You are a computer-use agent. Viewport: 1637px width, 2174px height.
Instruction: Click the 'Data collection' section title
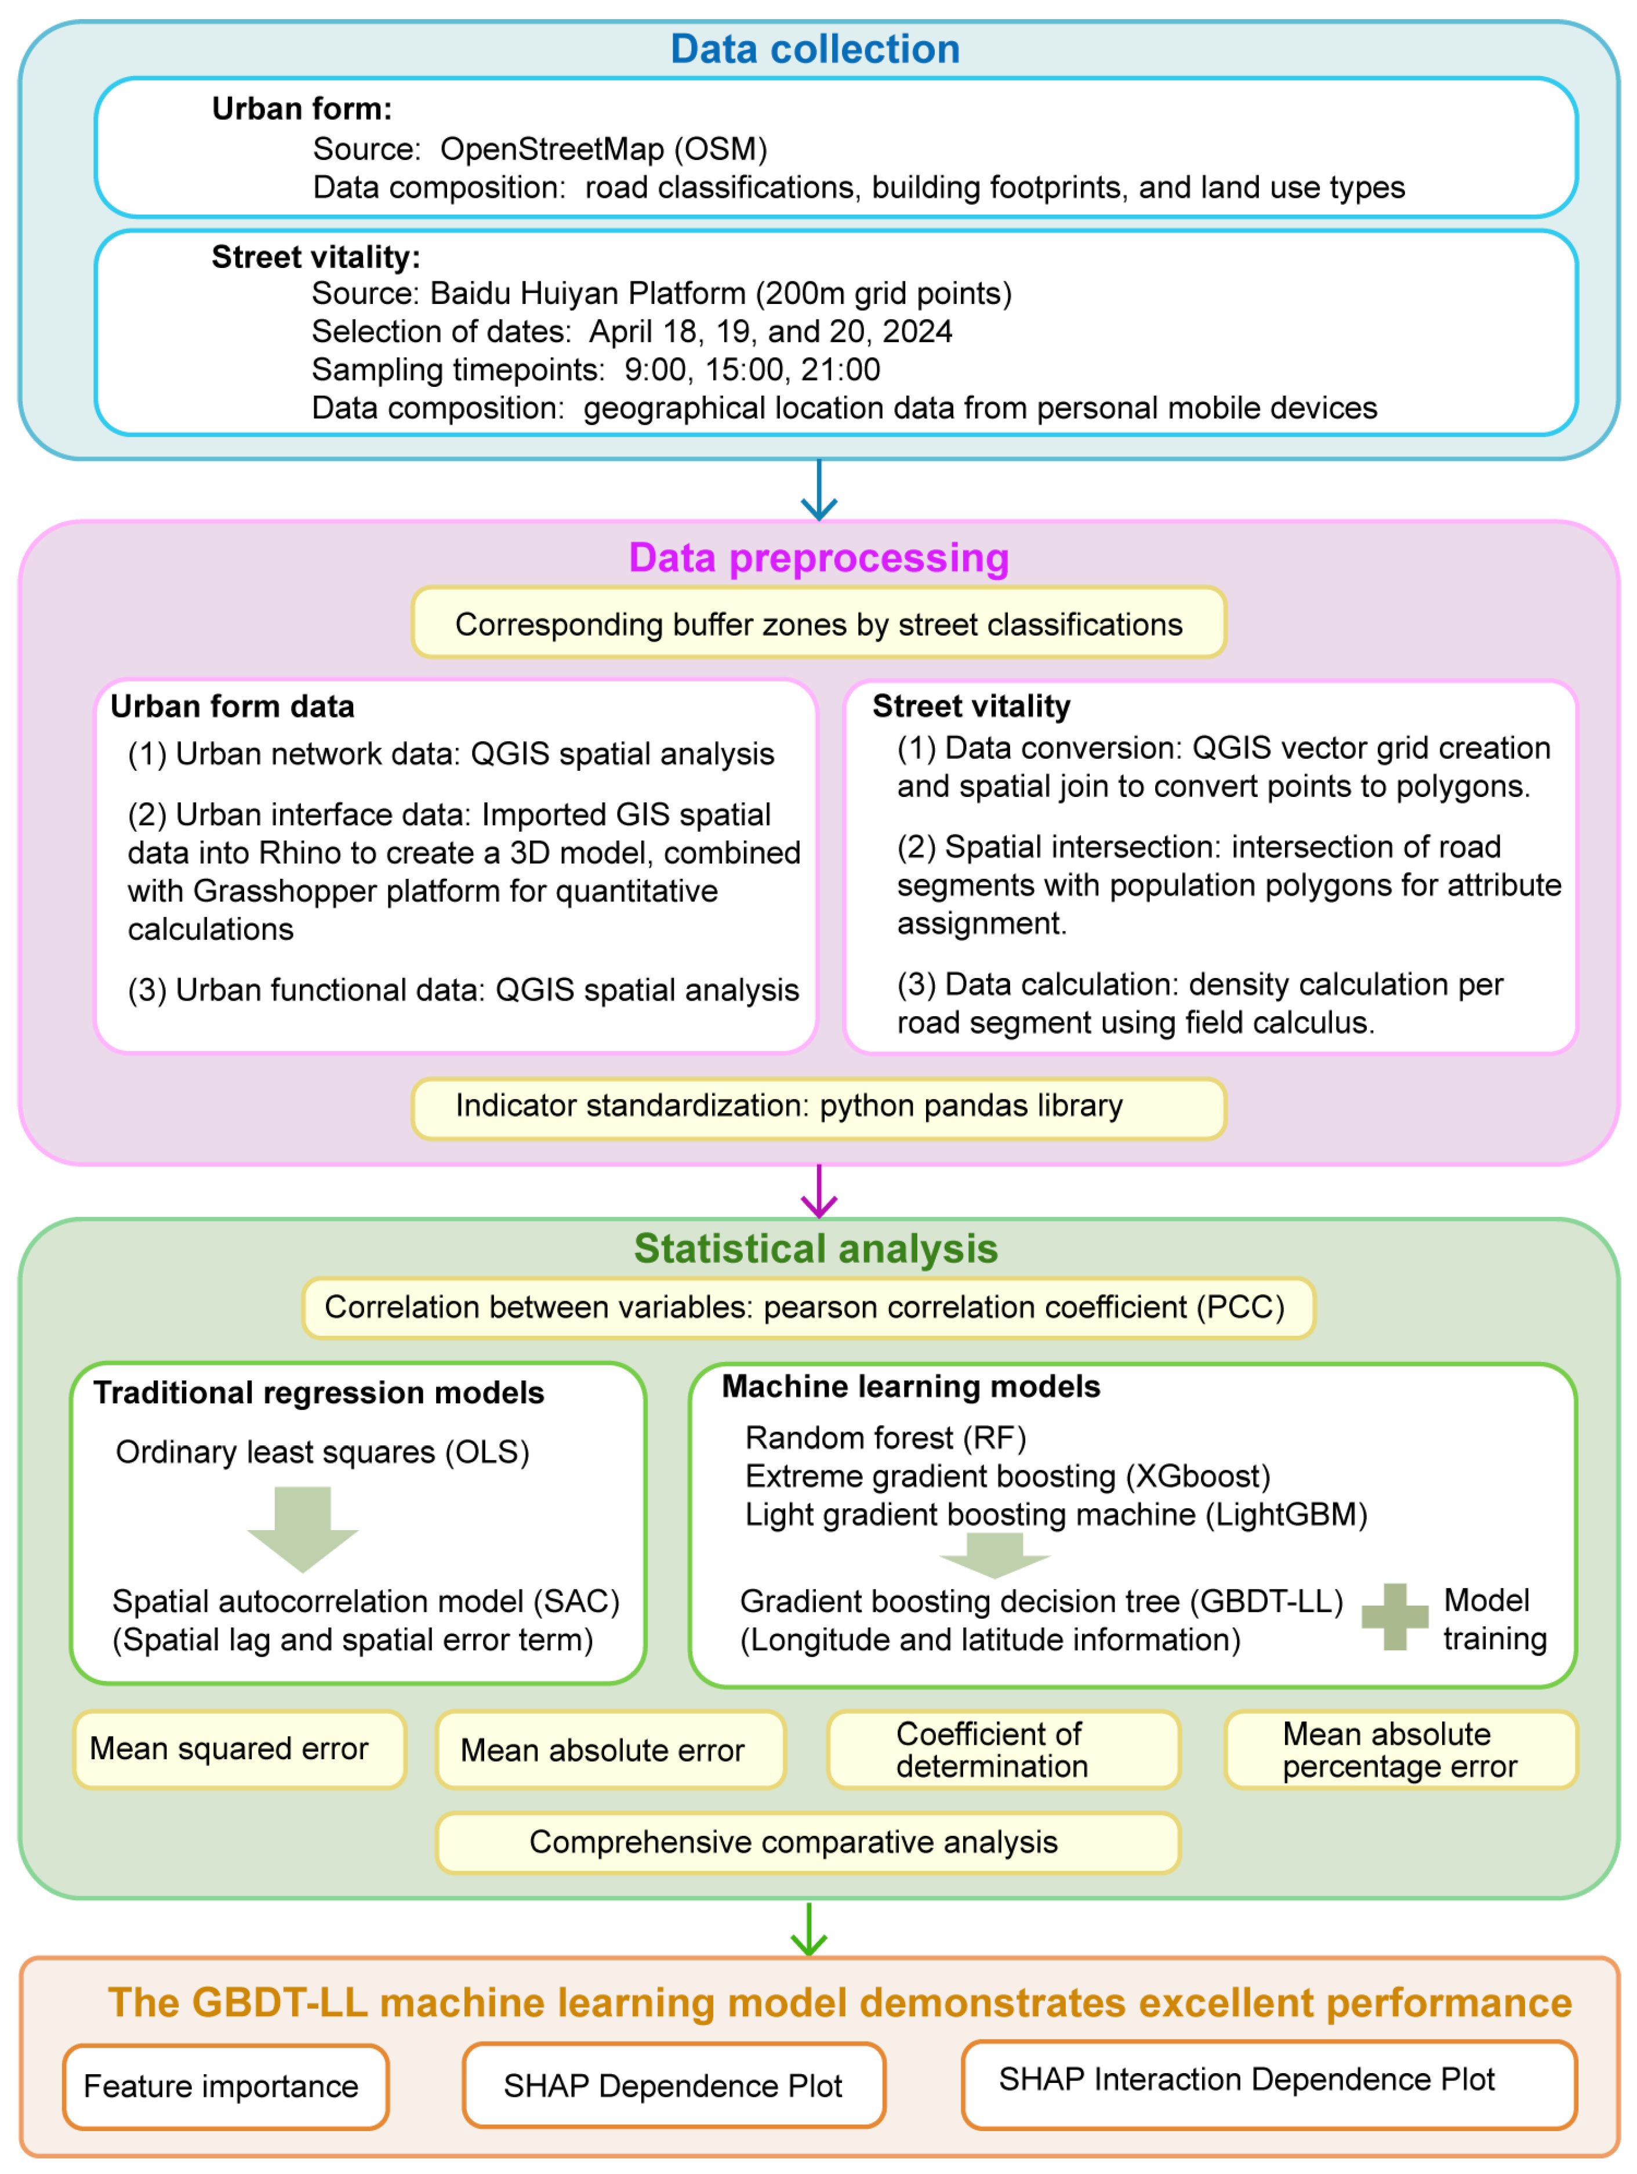(815, 49)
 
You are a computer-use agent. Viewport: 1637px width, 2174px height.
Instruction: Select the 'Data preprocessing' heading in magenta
(819, 557)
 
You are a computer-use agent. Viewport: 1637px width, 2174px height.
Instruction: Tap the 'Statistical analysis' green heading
(815, 1248)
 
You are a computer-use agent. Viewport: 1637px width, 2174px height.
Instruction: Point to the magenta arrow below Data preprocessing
(819, 1191)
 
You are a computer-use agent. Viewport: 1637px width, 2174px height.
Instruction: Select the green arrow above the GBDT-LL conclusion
(809, 1929)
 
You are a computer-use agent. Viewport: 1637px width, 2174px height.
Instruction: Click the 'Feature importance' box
(225, 2086)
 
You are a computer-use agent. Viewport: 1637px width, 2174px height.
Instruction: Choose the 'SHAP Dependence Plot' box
(673, 2086)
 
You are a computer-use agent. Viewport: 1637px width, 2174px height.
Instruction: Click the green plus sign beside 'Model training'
(1394, 1617)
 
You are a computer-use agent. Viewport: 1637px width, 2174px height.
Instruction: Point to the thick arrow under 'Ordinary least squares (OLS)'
(303, 1528)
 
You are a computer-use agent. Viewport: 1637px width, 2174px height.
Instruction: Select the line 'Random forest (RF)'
(885, 1438)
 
